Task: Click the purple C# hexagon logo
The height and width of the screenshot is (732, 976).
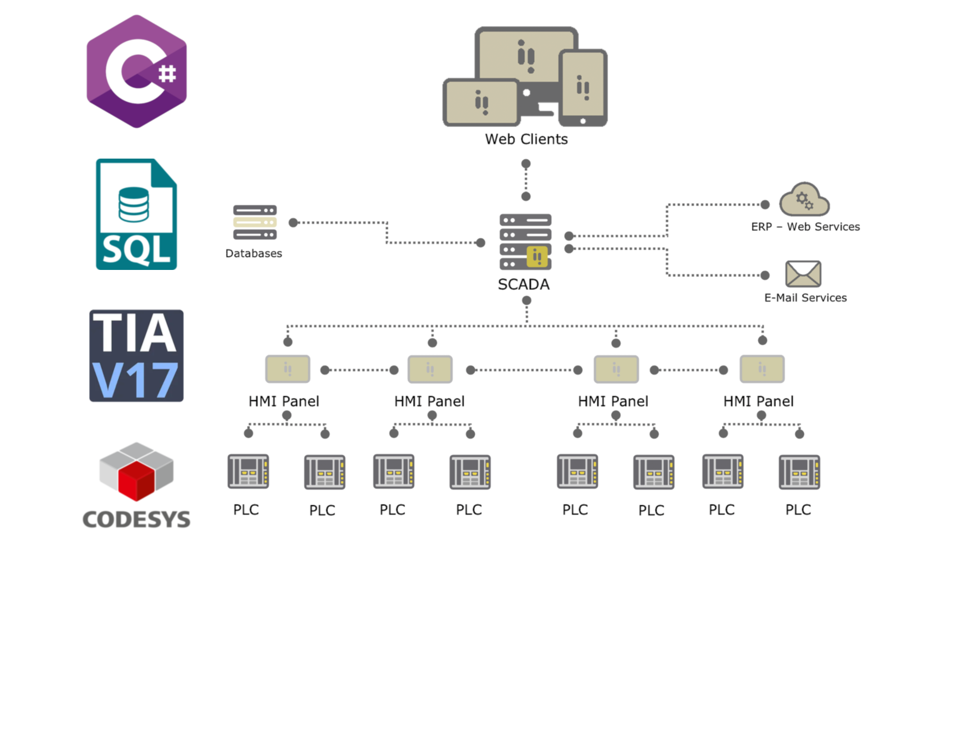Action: (x=136, y=72)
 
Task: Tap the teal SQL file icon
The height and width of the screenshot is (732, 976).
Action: (x=136, y=214)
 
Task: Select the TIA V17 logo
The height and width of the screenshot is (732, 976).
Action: (x=136, y=356)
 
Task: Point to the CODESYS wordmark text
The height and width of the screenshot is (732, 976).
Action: (x=136, y=519)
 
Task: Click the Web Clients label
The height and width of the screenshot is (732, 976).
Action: (x=526, y=139)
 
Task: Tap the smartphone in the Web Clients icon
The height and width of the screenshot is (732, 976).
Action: (x=583, y=87)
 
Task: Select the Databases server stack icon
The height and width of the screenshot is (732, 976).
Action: (x=255, y=222)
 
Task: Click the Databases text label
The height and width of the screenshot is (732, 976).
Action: (x=254, y=253)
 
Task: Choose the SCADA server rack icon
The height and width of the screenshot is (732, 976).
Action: (x=526, y=242)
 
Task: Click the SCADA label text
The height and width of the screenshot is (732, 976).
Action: (x=524, y=284)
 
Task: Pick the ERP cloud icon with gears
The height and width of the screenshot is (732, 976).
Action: (x=804, y=199)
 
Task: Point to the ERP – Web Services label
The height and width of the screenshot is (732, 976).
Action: (x=805, y=227)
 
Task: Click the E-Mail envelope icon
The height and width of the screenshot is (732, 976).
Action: (x=803, y=273)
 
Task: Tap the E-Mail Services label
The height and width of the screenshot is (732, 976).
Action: (x=805, y=298)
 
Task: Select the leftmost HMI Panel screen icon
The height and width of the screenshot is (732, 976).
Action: (x=288, y=369)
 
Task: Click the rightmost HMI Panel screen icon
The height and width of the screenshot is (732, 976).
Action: (x=762, y=369)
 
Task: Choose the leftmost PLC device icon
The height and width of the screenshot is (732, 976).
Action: (x=248, y=471)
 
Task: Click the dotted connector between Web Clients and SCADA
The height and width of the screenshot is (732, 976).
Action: (x=526, y=180)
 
